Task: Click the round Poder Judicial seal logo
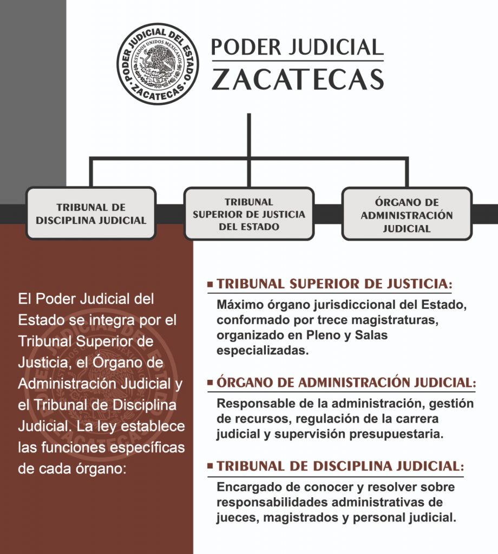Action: click(158, 64)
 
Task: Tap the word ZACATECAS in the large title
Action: click(298, 79)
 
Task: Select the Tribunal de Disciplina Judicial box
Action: click(91, 213)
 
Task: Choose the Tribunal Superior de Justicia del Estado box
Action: click(249, 213)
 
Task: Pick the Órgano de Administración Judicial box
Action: click(407, 214)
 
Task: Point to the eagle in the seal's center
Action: click(158, 64)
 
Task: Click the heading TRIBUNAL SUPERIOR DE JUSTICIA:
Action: click(335, 283)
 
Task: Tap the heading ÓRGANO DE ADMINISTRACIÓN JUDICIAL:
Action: click(346, 382)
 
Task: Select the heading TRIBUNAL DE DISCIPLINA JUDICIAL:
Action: click(340, 466)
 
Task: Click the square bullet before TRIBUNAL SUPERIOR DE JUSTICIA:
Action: click(211, 284)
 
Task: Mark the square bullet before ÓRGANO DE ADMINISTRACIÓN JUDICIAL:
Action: click(211, 382)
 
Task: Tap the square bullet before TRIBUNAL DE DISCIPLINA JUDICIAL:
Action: click(211, 466)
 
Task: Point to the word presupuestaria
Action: click(396, 434)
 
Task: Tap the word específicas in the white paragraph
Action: click(147, 448)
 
